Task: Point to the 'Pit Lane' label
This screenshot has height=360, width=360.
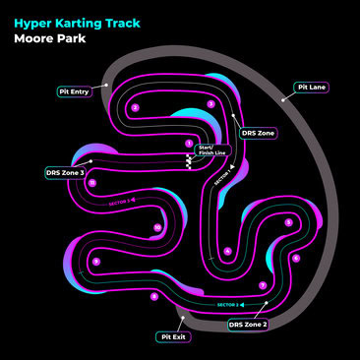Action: click(x=311, y=88)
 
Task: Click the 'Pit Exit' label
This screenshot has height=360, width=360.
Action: click(x=173, y=336)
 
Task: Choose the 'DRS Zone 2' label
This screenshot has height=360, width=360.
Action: click(x=248, y=324)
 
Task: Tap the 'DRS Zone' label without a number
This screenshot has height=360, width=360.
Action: click(x=258, y=133)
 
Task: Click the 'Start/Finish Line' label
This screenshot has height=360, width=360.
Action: click(x=211, y=150)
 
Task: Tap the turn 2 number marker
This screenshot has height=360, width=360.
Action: click(x=136, y=107)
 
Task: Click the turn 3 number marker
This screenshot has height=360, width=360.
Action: click(x=210, y=103)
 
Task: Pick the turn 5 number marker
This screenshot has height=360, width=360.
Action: click(x=288, y=222)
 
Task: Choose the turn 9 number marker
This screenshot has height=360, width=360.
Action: click(x=95, y=262)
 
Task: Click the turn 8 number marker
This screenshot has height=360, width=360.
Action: click(x=153, y=295)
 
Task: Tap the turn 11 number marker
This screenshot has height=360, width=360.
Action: click(x=91, y=183)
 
